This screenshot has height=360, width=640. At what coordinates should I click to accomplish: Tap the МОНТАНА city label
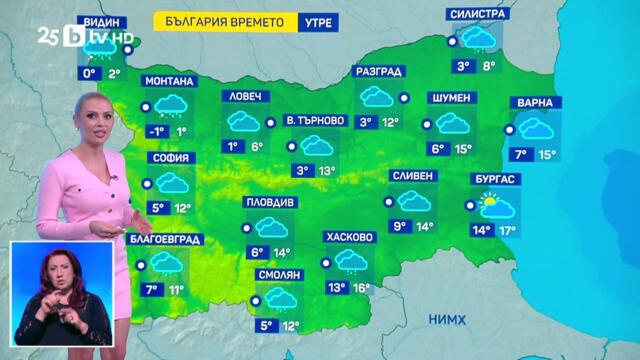coord(169,81)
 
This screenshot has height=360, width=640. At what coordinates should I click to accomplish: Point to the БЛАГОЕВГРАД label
coord(166,240)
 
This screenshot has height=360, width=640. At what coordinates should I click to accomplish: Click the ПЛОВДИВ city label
coord(270,202)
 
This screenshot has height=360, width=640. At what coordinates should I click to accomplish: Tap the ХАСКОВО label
coord(350,238)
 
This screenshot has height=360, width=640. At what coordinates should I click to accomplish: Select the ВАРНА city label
coord(536,103)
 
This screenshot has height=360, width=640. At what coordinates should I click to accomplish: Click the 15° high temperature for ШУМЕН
coord(463,149)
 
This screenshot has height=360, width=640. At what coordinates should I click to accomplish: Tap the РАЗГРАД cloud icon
coord(378,97)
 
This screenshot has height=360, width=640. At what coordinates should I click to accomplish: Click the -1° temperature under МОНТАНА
coord(156,131)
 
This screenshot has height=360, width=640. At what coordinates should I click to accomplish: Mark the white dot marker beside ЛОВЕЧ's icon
coord(271,123)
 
